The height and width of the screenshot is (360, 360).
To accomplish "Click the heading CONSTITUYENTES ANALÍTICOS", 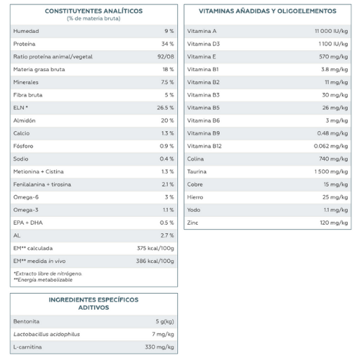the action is pyautogui.click(x=94, y=11).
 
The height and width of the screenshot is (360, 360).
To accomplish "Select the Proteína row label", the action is pyautogui.click(x=24, y=44).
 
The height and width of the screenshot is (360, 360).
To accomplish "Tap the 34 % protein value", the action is pyautogui.click(x=168, y=44).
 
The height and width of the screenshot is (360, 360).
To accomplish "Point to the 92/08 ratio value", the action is pyautogui.click(x=166, y=57).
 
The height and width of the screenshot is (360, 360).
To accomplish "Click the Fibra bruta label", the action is pyautogui.click(x=28, y=95).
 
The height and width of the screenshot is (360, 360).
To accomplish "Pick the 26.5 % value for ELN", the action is pyautogui.click(x=166, y=108).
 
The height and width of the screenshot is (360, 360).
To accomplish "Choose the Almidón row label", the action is pyautogui.click(x=24, y=120).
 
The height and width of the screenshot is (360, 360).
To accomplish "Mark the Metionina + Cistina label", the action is pyautogui.click(x=38, y=171).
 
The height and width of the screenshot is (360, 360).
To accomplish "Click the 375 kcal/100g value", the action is pyautogui.click(x=156, y=248).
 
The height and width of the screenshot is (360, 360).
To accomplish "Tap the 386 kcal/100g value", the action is pyautogui.click(x=155, y=261).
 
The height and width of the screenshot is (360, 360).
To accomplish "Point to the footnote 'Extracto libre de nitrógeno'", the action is pyautogui.click(x=48, y=274).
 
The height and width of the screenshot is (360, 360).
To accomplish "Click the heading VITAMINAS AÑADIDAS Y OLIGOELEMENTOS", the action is pyautogui.click(x=268, y=11).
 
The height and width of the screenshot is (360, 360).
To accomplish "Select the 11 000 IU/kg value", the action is pyautogui.click(x=331, y=31).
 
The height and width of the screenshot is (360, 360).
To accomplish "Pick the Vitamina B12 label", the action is pyautogui.click(x=204, y=146).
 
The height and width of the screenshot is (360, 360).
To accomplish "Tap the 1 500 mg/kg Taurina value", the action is pyautogui.click(x=331, y=171).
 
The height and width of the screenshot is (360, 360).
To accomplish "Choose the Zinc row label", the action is pyautogui.click(x=192, y=222).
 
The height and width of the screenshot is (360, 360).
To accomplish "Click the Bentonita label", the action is pyautogui.click(x=26, y=322).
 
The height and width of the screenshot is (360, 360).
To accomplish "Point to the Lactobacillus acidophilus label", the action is pyautogui.click(x=47, y=334).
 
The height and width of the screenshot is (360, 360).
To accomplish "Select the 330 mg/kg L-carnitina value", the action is pyautogui.click(x=159, y=347).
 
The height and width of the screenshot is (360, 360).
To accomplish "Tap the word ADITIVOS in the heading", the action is pyautogui.click(x=94, y=307).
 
